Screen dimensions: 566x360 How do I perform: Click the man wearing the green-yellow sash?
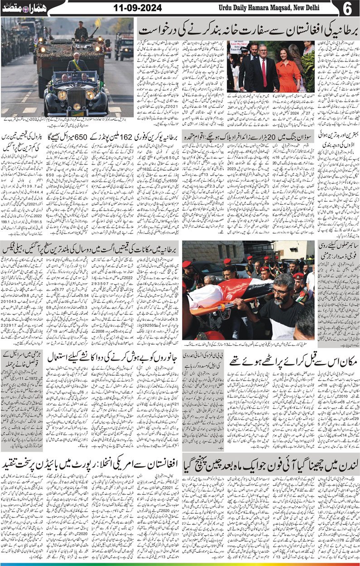(78, 63)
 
